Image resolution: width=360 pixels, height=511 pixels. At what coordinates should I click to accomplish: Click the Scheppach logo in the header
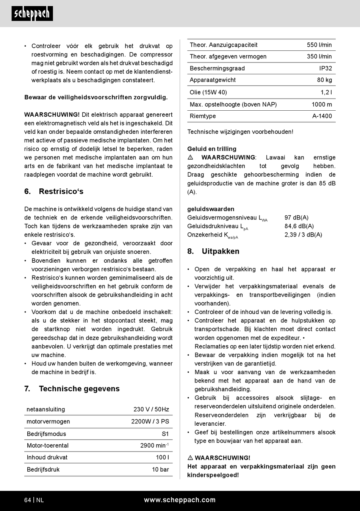[x=32, y=14]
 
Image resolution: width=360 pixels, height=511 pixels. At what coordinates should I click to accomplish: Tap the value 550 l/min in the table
[x=319, y=45]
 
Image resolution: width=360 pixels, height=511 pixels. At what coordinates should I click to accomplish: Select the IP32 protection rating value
[x=326, y=68]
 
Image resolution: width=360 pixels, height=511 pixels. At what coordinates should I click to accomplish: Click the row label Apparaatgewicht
[x=213, y=80]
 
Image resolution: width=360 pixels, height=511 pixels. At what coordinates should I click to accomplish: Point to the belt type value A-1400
[x=322, y=116]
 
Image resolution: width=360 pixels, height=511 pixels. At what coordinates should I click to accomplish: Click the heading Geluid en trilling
[x=212, y=149]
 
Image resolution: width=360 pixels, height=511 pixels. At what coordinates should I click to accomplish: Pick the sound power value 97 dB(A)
[x=296, y=218]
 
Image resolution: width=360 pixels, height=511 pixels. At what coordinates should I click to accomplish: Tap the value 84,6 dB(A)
[x=299, y=226]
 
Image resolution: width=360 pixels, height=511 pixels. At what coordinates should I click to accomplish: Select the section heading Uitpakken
[x=220, y=251]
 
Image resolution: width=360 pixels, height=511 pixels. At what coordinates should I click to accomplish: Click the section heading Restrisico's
[x=61, y=191]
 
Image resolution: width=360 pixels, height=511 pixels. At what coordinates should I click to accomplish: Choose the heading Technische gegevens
[x=79, y=389]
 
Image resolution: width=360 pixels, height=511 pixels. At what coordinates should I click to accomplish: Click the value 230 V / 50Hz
[x=151, y=409]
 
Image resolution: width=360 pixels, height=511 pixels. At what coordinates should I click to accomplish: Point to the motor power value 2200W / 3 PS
[x=150, y=422]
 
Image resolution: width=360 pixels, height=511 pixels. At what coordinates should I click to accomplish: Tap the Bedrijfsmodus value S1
[x=165, y=434]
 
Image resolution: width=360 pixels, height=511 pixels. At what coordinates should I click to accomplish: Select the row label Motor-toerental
[x=48, y=446]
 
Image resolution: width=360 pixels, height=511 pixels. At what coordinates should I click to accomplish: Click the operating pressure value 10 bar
[x=160, y=470]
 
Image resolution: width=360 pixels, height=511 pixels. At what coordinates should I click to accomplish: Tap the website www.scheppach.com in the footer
[x=180, y=500]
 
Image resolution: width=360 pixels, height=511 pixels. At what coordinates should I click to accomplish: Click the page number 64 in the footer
[x=28, y=500]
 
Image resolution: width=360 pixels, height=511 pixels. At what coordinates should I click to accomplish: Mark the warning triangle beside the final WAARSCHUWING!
[x=190, y=458]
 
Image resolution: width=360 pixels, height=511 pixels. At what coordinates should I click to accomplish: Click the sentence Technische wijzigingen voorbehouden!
[x=240, y=132]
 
